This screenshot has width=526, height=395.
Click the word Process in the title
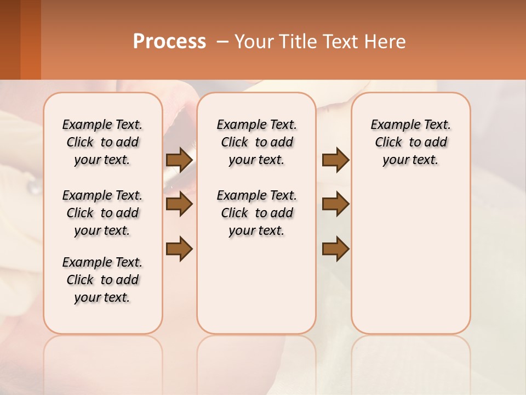coord(169,42)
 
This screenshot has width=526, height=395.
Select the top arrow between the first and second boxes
coord(179,160)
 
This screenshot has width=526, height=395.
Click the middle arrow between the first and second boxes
coord(179,205)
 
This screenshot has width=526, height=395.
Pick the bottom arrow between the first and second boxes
coord(179,249)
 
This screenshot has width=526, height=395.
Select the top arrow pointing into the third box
coord(335,160)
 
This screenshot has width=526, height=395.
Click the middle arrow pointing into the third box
coord(335,205)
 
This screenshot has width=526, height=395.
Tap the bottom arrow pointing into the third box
coord(335,249)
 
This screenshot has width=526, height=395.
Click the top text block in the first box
coord(102,142)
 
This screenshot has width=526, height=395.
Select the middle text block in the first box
coord(102,213)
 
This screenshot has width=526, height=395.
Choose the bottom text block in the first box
coord(102,280)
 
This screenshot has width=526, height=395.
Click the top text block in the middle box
coord(256,142)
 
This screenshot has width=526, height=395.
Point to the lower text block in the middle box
coord(256,213)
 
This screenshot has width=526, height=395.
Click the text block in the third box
coord(410,142)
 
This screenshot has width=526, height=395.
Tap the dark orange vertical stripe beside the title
coord(31,39)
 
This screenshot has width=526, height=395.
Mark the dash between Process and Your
coord(222,42)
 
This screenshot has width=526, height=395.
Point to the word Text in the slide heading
coord(340,42)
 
